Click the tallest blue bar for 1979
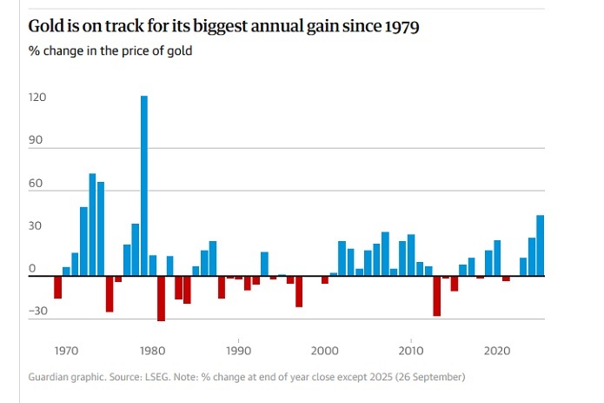[144, 185]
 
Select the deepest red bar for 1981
[161, 299]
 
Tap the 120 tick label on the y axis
[37, 98]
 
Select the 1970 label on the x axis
[67, 351]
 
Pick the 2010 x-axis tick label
[410, 351]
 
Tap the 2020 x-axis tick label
[497, 351]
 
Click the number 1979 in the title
[400, 28]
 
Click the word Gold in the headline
[47, 28]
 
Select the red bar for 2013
[436, 296]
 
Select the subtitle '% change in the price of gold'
[110, 50]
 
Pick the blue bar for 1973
[92, 225]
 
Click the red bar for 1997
[299, 292]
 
